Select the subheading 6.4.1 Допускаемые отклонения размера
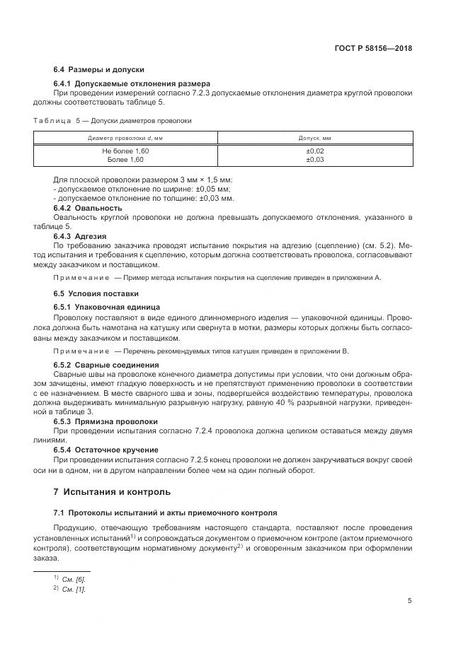(x=132, y=83)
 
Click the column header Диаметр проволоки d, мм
(x=125, y=138)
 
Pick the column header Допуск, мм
(x=314, y=138)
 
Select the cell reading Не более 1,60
(x=125, y=151)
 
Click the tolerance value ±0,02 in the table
(x=314, y=151)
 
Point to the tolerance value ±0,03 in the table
(x=314, y=160)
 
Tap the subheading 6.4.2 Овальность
(x=88, y=208)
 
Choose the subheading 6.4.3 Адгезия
(x=83, y=235)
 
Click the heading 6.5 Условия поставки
(x=96, y=293)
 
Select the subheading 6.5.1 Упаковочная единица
(x=106, y=307)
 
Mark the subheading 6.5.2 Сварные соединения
(x=106, y=365)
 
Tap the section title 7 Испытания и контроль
(x=112, y=491)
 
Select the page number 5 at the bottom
(x=410, y=602)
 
